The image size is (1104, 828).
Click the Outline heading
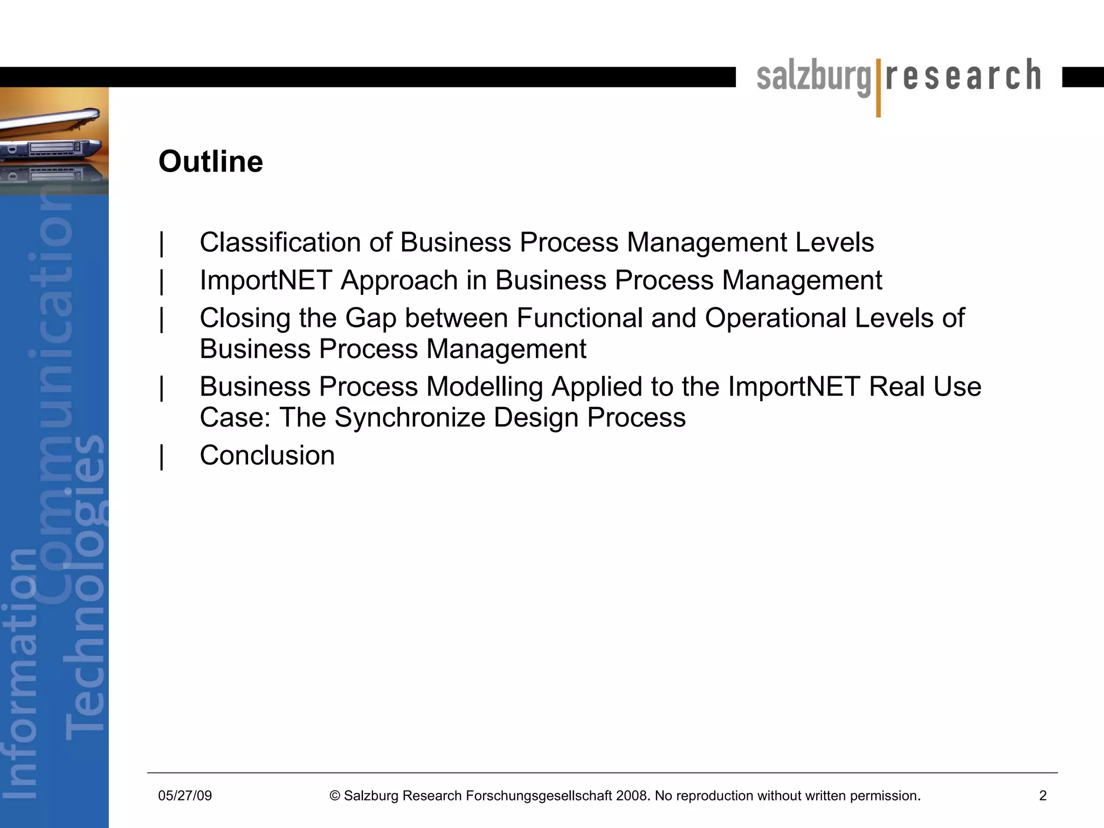tap(211, 162)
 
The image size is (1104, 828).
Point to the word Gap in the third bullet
tap(371, 318)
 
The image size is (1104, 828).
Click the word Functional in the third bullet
tap(579, 318)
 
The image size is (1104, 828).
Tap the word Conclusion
tap(267, 456)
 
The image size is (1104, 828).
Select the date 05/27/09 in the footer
tap(185, 796)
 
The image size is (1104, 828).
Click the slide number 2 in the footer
tap(1043, 796)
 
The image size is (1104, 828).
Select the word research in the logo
tap(963, 75)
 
